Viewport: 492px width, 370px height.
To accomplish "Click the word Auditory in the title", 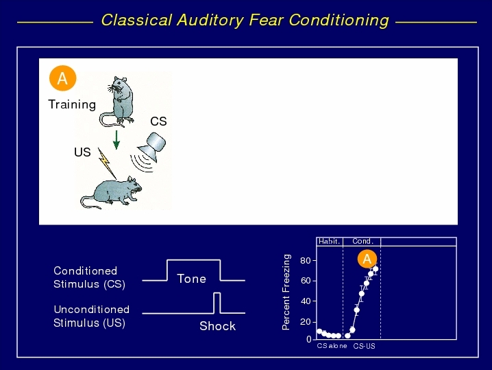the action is coord(210,21).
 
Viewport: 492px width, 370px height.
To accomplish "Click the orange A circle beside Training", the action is coord(63,78).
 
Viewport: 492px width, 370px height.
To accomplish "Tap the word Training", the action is coord(72,104).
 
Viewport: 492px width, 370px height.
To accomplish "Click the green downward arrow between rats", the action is coord(116,140).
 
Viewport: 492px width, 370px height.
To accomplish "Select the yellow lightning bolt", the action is coord(106,163).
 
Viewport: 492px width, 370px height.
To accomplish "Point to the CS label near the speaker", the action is coord(158,122).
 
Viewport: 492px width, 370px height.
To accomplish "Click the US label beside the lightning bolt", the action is coord(82,152).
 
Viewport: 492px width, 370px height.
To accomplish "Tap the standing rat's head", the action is coord(119,84).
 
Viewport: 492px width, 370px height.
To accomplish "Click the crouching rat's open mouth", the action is coord(138,190).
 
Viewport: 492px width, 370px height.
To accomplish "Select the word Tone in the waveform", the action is coord(191,279).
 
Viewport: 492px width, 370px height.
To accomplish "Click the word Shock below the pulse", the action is coord(217,326).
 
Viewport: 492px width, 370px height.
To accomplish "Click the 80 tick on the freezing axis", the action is coord(306,261).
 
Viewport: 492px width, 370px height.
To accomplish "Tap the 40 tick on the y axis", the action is coord(306,301).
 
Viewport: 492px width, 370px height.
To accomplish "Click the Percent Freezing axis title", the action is coord(286,292).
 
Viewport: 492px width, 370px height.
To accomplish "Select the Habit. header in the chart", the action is coord(329,241).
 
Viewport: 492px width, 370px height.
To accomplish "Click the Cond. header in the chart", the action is coord(362,241).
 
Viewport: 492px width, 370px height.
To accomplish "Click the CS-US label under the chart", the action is coord(364,346).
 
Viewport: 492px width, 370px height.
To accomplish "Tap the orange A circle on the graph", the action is coord(367,259).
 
